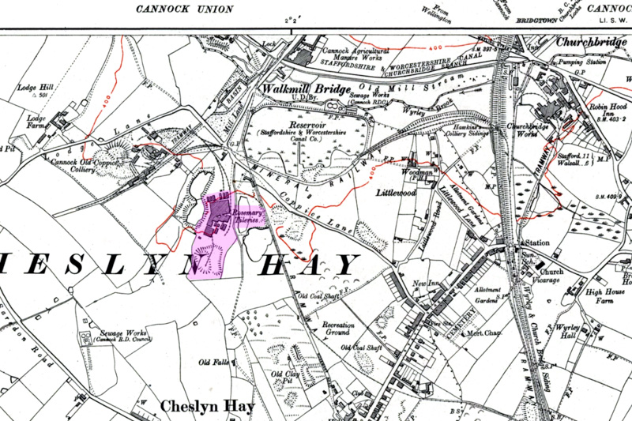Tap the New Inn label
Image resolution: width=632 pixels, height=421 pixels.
pos(428,284)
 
